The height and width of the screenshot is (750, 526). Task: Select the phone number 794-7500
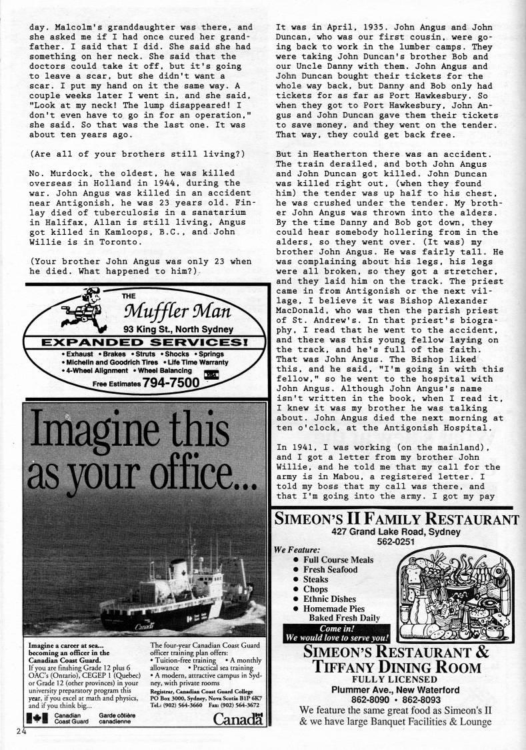coord(177,383)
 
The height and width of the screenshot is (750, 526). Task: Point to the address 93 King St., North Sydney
coord(178,329)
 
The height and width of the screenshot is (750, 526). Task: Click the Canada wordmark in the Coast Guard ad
coord(237,719)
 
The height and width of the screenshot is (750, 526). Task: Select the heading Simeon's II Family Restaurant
coord(395,520)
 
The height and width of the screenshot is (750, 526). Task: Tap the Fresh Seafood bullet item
coord(330,569)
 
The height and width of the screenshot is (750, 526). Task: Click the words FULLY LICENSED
coord(397,678)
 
